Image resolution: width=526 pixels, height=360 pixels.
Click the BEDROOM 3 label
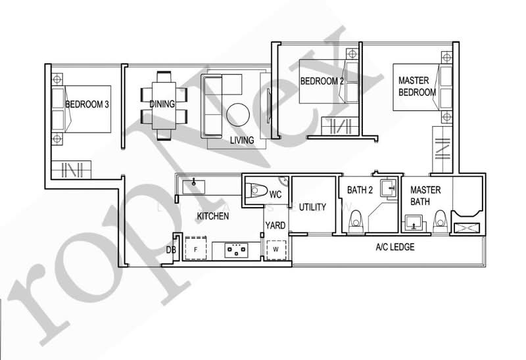tap(87, 103)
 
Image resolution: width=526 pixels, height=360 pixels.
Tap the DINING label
tap(162, 104)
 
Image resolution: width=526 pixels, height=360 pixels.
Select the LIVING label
tap(242, 141)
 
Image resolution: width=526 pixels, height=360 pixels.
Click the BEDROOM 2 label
tap(322, 81)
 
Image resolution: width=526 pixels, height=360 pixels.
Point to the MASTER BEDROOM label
tap(417, 87)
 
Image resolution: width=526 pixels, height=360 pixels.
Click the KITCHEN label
tap(213, 215)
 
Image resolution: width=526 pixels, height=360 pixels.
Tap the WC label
tap(275, 194)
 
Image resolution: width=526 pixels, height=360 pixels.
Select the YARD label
tap(275, 225)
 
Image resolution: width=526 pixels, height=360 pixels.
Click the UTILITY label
tap(312, 207)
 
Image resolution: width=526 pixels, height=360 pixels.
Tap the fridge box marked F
tap(195, 249)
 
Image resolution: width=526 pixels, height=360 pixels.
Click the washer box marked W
tap(275, 250)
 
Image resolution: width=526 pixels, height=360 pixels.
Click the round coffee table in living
tap(238, 116)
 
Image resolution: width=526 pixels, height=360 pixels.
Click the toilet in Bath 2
tap(356, 220)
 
